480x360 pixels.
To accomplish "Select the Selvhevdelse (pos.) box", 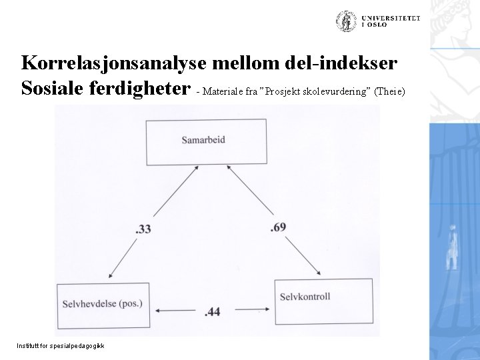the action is point(103,305).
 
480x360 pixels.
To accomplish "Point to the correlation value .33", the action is point(143,229).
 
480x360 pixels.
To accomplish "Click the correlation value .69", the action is point(279,228).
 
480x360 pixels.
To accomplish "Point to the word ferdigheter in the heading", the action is point(149,89).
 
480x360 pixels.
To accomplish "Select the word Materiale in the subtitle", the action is point(223,91).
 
